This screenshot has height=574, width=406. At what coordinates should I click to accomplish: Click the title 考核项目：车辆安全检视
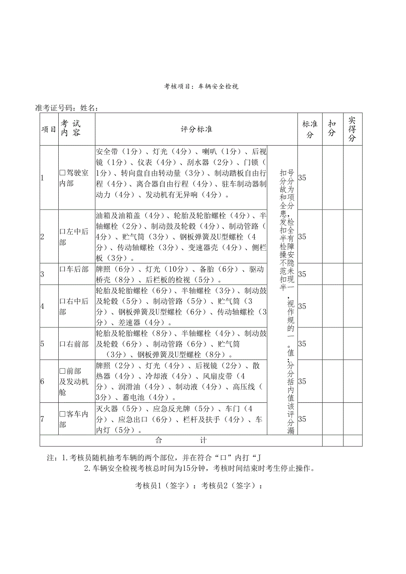201,86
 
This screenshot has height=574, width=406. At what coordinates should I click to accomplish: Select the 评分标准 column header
196,130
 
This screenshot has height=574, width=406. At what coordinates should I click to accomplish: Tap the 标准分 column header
310,130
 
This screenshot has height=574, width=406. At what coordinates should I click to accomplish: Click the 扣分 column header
332,130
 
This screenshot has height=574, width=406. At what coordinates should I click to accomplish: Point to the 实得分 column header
352,129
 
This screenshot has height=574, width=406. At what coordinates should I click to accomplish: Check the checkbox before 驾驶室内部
62,173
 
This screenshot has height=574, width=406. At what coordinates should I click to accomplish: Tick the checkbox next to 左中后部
62,231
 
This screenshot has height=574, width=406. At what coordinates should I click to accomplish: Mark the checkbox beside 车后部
62,269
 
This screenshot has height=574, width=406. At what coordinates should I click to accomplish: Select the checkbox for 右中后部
62,301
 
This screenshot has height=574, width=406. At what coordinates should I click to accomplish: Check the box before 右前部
62,344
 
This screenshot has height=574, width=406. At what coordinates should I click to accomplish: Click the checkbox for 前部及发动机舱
62,371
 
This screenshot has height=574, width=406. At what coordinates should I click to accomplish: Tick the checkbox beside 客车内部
62,414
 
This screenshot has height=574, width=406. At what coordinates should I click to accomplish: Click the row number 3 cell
42,274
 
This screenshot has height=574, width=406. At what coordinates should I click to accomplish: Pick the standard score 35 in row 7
302,419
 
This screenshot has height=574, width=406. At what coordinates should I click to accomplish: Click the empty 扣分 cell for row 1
332,178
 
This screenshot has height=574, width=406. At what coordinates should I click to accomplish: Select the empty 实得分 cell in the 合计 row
353,440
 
